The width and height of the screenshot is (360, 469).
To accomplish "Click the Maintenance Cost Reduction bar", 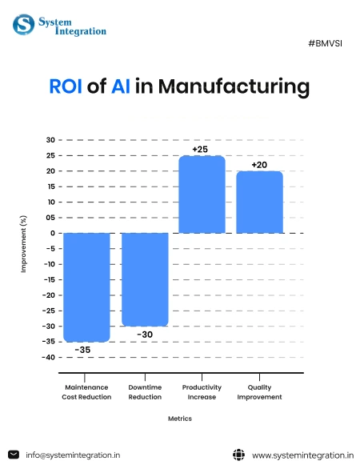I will pos(86,287).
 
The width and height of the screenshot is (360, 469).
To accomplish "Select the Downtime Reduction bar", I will pos(145,279).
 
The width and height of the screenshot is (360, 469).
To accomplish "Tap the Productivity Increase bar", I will pos(202,194).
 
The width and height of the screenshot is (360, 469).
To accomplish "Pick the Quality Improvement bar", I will pos(259,202).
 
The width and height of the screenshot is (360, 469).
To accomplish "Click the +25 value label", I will pos(201,149).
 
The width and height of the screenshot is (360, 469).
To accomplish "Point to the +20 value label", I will pos(259,165).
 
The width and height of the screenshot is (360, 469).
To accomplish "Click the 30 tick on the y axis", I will pos(50,140).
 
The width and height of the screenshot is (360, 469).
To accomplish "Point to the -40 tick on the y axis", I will pos(49,357).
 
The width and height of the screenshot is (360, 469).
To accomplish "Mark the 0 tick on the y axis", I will pos(52,233).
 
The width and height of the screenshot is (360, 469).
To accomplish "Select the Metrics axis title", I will pos(179,418).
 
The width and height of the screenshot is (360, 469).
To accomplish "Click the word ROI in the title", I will pos(67,87).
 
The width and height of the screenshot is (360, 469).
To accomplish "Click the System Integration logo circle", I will pos(23,24).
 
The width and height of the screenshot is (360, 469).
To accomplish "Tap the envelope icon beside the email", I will pos(14,455).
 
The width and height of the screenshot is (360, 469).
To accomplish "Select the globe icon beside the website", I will pos(238,455).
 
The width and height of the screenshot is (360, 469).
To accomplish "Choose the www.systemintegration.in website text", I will pos(302,455).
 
